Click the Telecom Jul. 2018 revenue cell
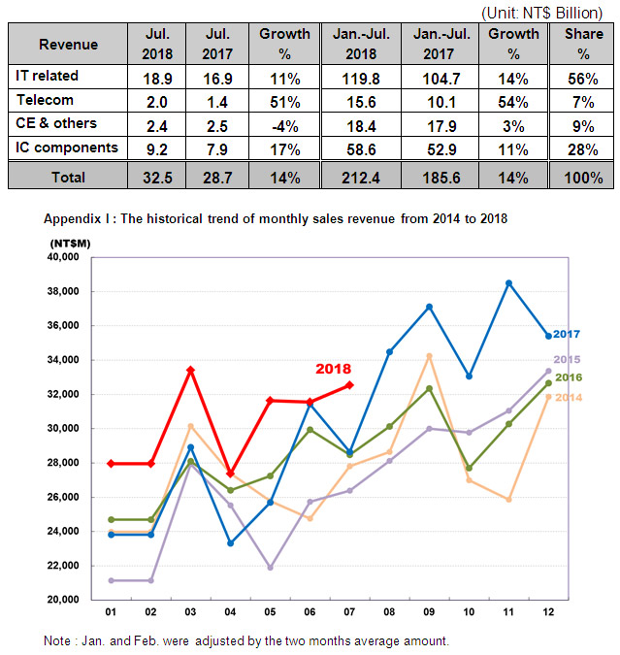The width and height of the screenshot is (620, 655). pyautogui.click(x=156, y=102)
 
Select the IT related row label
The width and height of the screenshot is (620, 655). pyautogui.click(x=47, y=76)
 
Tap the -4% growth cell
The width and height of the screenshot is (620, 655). pyautogui.click(x=285, y=126)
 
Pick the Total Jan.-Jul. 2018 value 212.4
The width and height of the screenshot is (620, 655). pyautogui.click(x=361, y=178)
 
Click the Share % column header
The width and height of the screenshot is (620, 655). pyautogui.click(x=584, y=44)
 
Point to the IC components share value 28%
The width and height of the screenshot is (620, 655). pyautogui.click(x=583, y=149)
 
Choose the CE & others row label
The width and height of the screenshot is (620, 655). pyautogui.click(x=56, y=123)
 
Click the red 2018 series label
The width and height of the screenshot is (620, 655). pyautogui.click(x=334, y=369)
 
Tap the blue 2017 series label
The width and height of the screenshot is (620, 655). pyautogui.click(x=567, y=334)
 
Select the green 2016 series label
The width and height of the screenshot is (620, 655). pyautogui.click(x=569, y=377)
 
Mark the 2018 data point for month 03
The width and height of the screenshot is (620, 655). pyautogui.click(x=190, y=370)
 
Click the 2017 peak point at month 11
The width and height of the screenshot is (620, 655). pyautogui.click(x=508, y=283)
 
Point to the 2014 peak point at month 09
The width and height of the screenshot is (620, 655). pyautogui.click(x=429, y=356)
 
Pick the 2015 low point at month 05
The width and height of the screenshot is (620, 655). pyautogui.click(x=270, y=568)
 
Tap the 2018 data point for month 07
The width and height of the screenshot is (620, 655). pyautogui.click(x=349, y=385)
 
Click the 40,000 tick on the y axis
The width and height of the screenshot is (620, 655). pyautogui.click(x=63, y=257)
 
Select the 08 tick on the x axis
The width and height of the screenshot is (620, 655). pyautogui.click(x=389, y=612)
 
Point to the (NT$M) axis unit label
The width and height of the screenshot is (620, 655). pyautogui.click(x=70, y=244)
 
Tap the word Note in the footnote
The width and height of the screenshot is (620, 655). pyautogui.click(x=57, y=640)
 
